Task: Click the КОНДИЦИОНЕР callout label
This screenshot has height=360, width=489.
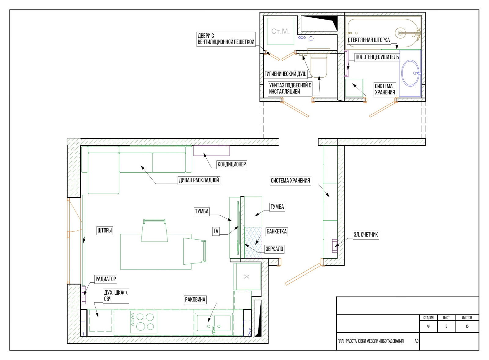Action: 232,164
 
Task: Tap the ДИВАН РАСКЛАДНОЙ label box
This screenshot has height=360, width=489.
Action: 199,180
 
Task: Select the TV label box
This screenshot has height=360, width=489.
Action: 216,231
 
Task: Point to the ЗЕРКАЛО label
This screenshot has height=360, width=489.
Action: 274,249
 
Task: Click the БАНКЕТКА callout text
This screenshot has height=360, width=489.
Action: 276,231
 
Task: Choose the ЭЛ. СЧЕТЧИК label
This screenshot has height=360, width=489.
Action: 366,235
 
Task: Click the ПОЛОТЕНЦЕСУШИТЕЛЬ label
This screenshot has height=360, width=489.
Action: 377,57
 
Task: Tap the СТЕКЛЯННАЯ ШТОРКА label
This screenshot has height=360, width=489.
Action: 369,40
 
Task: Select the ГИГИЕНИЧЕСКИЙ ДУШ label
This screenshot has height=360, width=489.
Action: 285,74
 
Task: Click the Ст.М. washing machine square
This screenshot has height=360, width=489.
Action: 281,31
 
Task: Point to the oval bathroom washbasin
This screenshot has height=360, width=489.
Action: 410,73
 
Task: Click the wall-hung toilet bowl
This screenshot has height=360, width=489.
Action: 319,67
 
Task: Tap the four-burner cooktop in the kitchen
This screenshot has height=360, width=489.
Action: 144,322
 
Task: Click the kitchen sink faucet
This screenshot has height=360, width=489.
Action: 214,329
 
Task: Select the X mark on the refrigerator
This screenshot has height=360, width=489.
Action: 247,277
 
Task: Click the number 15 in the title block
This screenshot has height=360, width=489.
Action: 467,326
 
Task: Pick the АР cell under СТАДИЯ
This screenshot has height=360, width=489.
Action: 428,326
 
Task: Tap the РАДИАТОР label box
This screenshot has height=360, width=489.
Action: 106,279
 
